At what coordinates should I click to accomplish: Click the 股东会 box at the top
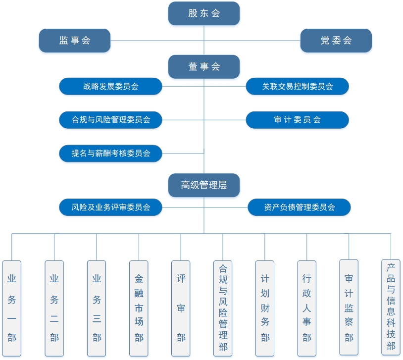204,13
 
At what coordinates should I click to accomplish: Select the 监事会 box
75,41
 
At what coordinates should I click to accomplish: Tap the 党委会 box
336,41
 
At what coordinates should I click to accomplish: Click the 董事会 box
204,66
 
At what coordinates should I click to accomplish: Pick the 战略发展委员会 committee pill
110,86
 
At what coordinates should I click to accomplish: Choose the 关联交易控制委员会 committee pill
298,86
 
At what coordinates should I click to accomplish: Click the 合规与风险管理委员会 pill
110,120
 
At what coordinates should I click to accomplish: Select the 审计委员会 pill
298,120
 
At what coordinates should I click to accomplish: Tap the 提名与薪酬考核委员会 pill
110,154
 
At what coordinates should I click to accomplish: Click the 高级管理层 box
204,185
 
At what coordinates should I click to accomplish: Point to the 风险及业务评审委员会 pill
110,207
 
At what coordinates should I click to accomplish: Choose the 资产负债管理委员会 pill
299,207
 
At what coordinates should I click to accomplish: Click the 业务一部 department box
12,309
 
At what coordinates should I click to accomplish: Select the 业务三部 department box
97,309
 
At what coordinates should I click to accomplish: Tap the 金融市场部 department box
139,309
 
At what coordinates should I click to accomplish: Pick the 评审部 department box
181,309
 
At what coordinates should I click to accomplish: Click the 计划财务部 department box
265,309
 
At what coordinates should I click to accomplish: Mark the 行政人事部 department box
306,309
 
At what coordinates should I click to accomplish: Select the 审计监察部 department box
349,308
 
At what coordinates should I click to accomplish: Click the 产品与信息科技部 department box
391,308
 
